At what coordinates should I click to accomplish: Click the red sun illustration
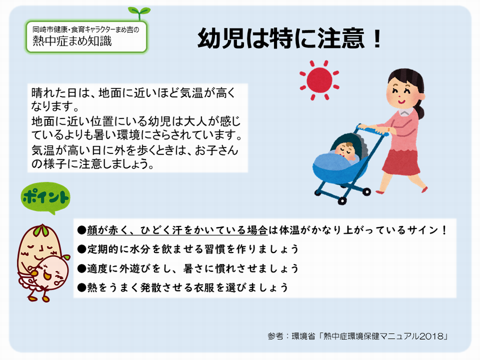319,80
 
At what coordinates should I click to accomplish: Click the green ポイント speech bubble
45,198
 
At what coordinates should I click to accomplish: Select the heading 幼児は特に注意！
290,39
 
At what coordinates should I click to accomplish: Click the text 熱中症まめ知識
72,41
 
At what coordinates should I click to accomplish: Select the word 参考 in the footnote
275,336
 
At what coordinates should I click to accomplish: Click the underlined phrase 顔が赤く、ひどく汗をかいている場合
177,230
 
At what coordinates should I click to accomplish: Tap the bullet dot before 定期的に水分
81,249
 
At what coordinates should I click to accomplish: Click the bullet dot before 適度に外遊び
81,269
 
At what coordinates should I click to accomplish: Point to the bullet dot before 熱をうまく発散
81,287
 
